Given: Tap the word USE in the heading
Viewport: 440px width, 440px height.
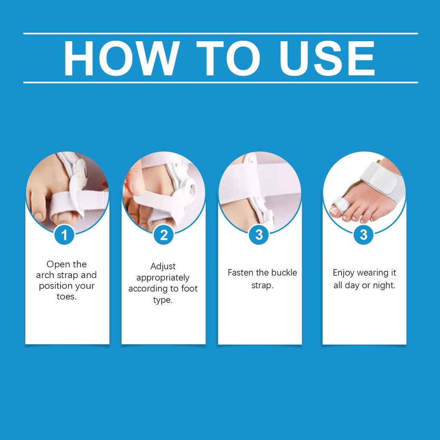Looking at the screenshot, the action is coord(327,58).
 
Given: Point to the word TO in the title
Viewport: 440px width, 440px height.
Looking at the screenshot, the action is coord(228,58).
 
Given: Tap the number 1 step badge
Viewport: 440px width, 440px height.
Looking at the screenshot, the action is coord(64,235).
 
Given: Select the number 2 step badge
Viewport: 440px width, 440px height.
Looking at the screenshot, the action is coord(164,235).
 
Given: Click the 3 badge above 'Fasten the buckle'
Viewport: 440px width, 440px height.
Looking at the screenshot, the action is coord(259,235).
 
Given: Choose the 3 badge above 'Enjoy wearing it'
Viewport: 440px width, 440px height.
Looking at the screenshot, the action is coord(364,235).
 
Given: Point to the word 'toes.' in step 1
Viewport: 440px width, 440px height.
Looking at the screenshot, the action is coord(67,296).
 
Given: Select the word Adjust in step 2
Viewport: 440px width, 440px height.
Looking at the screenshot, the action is coord(163,266).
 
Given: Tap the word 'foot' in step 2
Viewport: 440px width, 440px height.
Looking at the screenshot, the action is coord(189,288).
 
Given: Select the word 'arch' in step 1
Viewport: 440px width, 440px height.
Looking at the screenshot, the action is coord(45,275).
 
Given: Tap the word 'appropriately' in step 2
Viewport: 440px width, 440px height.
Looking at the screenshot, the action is coord(163,278).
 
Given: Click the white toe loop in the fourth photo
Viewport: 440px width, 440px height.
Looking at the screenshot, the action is coord(340,203).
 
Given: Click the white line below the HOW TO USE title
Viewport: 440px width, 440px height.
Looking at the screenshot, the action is coord(220,82).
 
